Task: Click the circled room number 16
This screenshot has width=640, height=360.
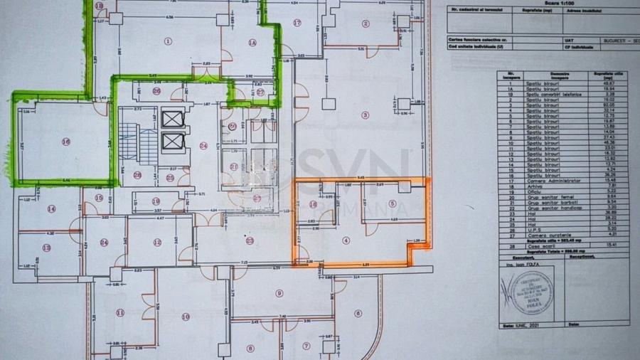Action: [x=65, y=142]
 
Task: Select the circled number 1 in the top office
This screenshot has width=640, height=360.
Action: [x=169, y=41]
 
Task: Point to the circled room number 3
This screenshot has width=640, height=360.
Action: [x=366, y=115]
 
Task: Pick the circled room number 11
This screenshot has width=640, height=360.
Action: [x=120, y=312]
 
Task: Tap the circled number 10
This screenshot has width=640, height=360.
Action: [x=186, y=317]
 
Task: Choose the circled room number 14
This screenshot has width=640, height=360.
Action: [x=51, y=208]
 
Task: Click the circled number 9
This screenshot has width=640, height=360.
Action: [x=279, y=292]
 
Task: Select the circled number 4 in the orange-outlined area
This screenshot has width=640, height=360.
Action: [x=346, y=240]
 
